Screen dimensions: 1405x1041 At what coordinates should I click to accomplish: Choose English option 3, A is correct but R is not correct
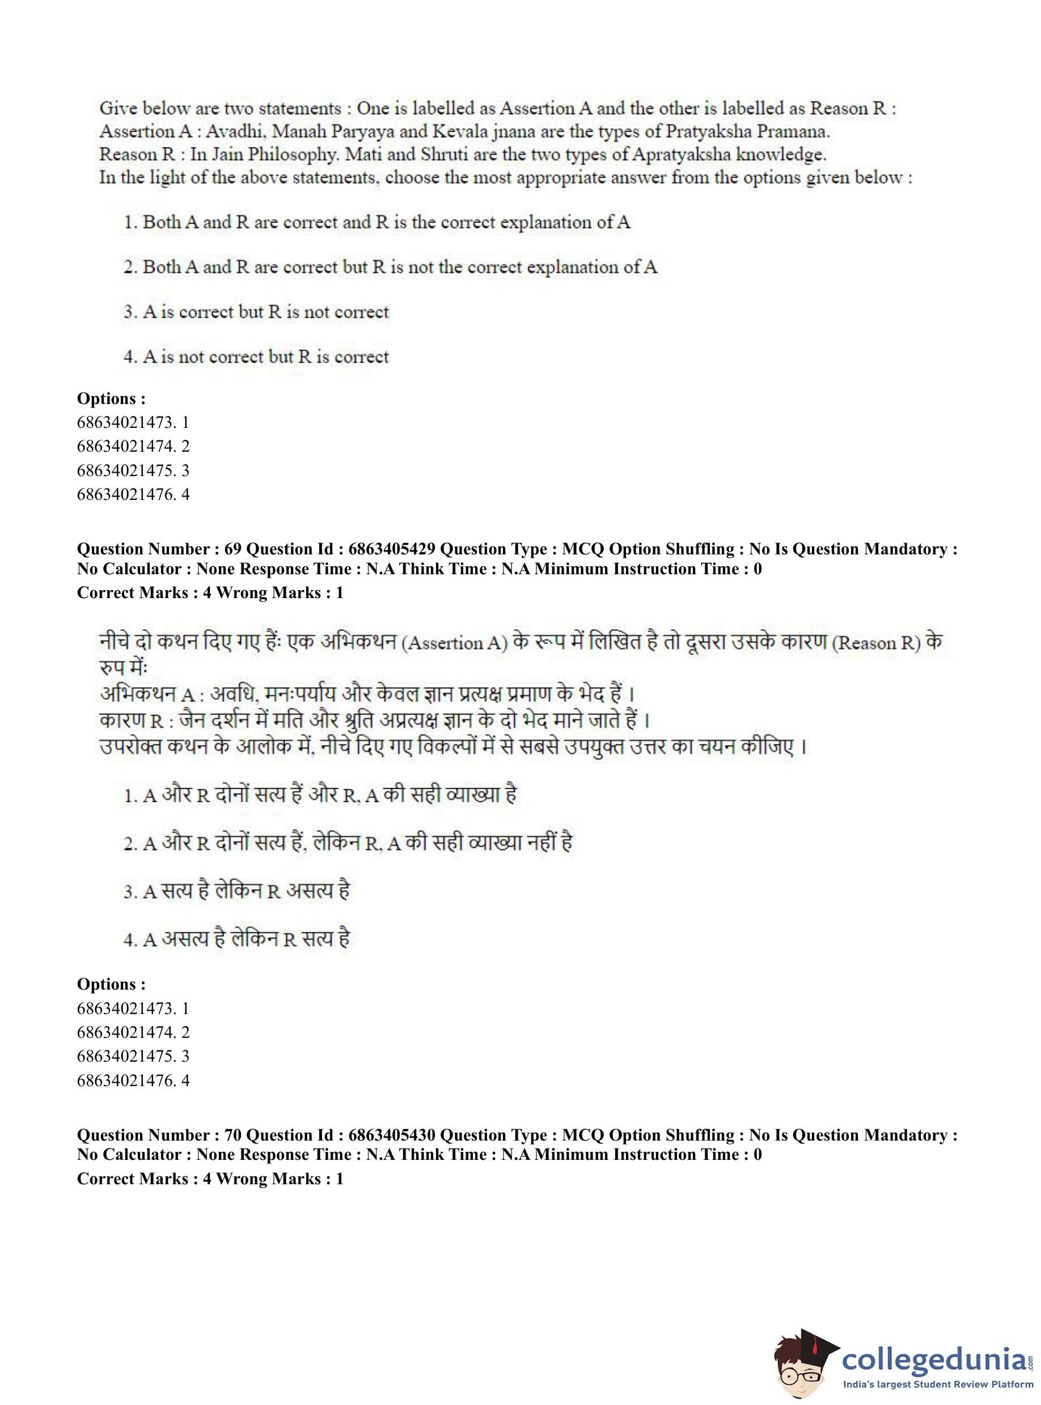[x=256, y=312]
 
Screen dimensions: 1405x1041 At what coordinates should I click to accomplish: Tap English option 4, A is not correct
[x=256, y=357]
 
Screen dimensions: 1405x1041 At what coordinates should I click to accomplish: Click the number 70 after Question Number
[x=232, y=1135]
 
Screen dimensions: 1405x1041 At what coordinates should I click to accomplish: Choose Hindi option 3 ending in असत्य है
[x=236, y=891]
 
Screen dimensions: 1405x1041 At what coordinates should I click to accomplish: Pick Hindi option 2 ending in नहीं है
[x=348, y=843]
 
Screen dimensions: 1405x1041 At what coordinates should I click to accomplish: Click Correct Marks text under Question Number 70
[x=210, y=1179]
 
